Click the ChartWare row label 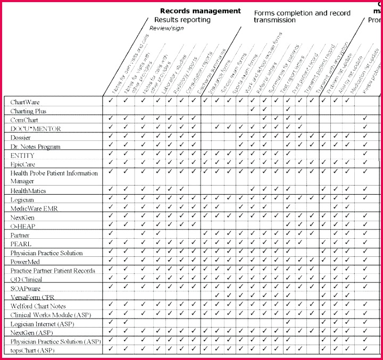[x=25, y=102]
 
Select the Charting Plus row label [x=29, y=111]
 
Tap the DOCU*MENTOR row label [x=36, y=129]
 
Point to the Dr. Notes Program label [x=36, y=146]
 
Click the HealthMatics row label [x=28, y=190]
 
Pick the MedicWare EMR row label [x=33, y=208]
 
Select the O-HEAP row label [x=23, y=226]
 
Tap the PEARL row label [x=21, y=244]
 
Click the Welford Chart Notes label [x=38, y=306]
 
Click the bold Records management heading [x=201, y=11]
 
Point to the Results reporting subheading [x=182, y=20]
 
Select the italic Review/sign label [x=165, y=28]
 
